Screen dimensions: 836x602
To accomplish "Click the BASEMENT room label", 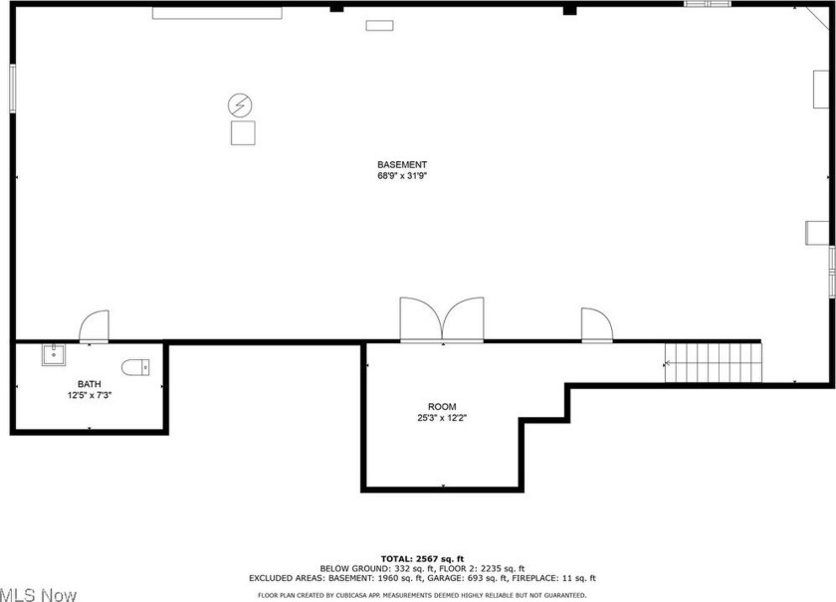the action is (402, 165).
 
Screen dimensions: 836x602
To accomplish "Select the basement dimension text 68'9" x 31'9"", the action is (402, 176).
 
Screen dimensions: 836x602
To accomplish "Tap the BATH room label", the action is (89, 384).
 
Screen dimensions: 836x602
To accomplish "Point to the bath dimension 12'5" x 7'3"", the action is (89, 396).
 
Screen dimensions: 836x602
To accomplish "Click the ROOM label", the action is (442, 407).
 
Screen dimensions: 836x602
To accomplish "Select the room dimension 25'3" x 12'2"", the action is (442, 418).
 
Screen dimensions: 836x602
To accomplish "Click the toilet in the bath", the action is (135, 367).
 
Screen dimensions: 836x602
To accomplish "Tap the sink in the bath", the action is (54, 355).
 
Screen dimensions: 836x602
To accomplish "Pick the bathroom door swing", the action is (95, 326).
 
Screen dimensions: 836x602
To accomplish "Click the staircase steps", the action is (714, 362).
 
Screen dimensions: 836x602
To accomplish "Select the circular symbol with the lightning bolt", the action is (240, 105).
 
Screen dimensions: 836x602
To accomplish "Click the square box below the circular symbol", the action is (243, 132).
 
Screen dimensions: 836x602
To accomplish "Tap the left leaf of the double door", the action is (421, 318).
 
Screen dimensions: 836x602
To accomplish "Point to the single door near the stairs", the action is (597, 324).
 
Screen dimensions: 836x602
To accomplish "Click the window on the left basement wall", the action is (12, 89).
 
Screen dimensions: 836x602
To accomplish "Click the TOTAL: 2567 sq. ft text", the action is (422, 559).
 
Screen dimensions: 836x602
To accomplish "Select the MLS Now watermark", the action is (39, 594).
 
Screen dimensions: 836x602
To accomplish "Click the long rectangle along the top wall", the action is (217, 13).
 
